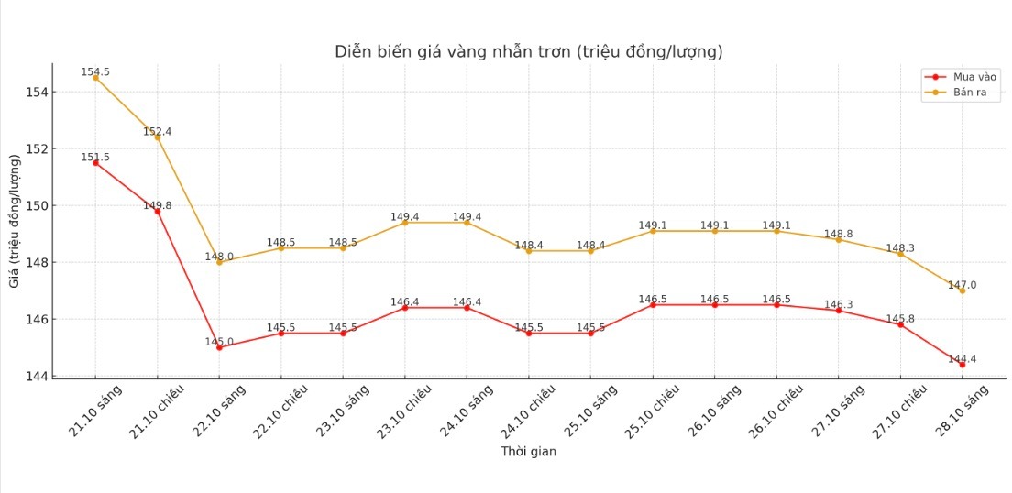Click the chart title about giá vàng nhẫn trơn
click(x=529, y=52)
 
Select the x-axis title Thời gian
click(x=528, y=452)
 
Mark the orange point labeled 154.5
click(x=95, y=78)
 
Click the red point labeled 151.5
click(x=95, y=163)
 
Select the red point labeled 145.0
click(x=219, y=347)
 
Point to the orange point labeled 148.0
click(x=219, y=262)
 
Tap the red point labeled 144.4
click(x=962, y=365)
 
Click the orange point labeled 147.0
click(x=962, y=290)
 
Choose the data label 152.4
click(x=157, y=131)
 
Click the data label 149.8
click(x=157, y=205)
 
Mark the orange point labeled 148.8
click(x=839, y=239)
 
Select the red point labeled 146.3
click(x=839, y=311)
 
